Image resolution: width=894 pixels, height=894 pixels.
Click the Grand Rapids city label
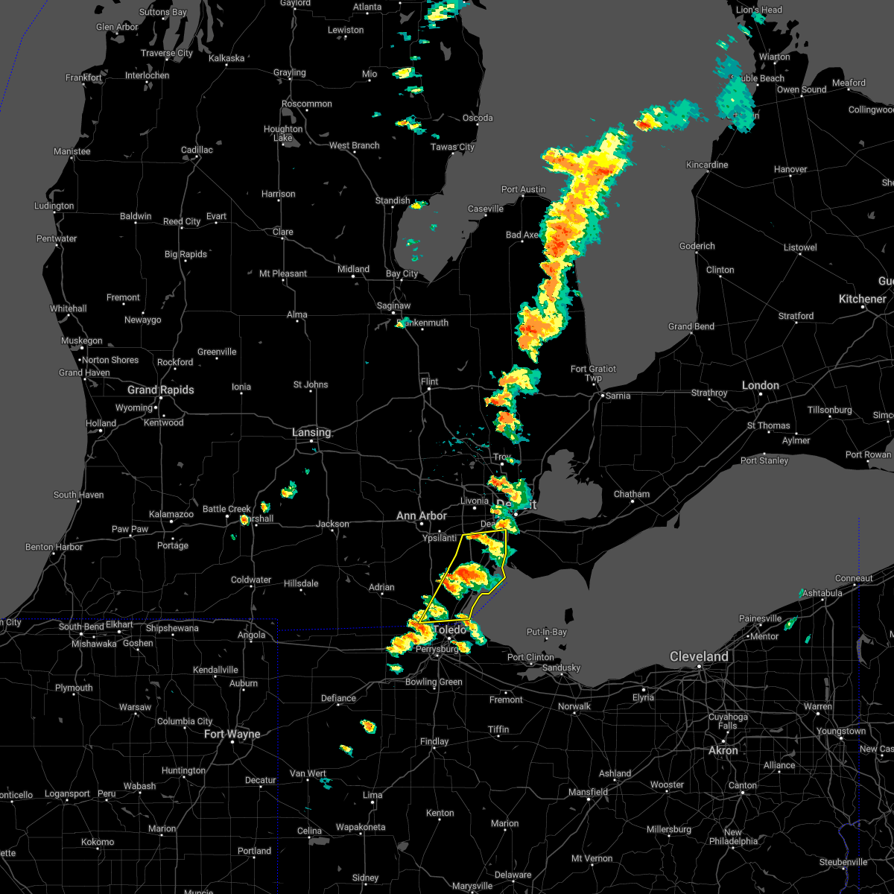[x=160, y=390]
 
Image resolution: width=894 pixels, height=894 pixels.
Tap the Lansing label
[x=311, y=432]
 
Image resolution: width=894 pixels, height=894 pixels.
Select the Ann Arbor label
[x=422, y=516]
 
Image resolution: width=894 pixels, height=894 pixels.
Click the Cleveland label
[x=699, y=656]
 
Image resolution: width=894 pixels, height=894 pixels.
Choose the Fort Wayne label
[x=232, y=734]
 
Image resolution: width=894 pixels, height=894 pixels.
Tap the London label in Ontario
[x=760, y=385]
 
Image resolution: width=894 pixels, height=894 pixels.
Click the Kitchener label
[x=863, y=299]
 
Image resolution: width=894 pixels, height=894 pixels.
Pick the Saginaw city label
[x=393, y=305]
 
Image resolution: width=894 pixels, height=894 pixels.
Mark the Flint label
[x=429, y=381]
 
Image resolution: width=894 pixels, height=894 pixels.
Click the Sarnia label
[x=618, y=396]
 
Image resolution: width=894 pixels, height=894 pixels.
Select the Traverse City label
[x=167, y=53]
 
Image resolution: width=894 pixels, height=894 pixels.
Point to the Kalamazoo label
[x=171, y=514]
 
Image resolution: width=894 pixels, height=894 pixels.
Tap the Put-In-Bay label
[x=547, y=632]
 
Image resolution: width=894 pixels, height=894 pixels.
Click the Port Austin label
[x=523, y=189]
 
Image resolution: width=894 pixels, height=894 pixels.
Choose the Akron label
[x=723, y=750]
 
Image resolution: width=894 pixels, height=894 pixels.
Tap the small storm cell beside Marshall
[x=244, y=519]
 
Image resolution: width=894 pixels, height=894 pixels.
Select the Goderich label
[x=697, y=246]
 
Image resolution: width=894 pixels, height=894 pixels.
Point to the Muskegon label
[x=81, y=340]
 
